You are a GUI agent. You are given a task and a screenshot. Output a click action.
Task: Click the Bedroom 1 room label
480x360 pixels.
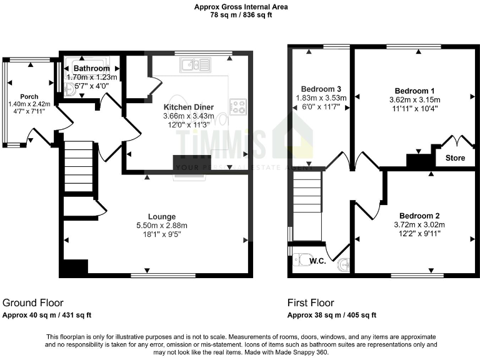coord(414,91)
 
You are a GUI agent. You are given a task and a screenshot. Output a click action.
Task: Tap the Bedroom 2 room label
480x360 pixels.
coord(419,216)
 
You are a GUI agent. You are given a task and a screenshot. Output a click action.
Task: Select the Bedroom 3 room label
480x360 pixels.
coord(321,89)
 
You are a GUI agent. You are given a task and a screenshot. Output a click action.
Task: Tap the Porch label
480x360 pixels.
coord(29,96)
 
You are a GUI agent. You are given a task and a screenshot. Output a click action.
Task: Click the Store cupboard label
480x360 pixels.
coord(455,158)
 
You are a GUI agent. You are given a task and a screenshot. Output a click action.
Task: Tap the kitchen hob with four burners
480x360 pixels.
coord(237,106)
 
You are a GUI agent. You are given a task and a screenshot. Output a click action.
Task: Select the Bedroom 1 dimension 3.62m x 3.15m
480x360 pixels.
coord(414,99)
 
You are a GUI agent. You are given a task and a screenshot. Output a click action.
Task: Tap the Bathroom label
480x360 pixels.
coord(92,68)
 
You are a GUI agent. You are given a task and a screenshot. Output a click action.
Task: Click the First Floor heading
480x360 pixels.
coord(311,302)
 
